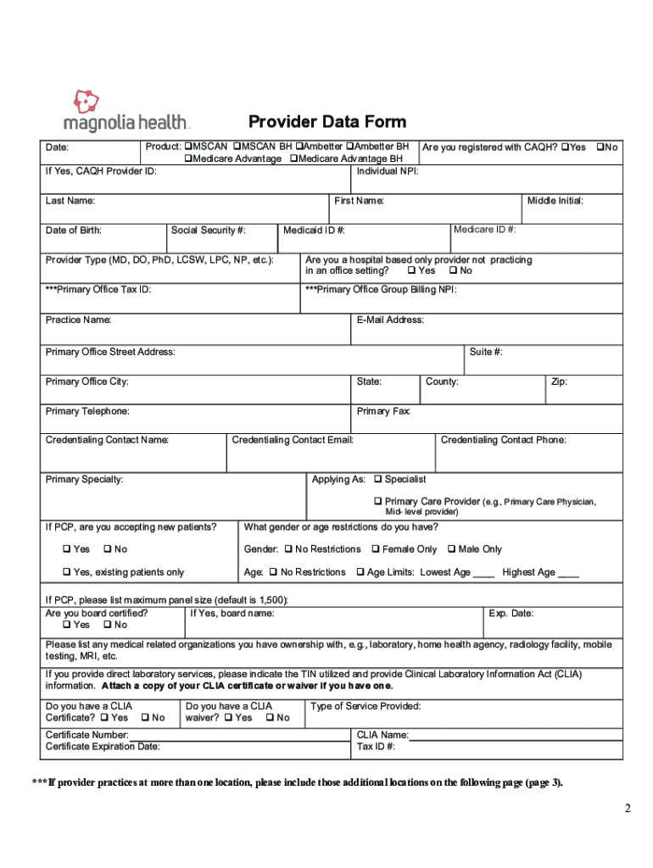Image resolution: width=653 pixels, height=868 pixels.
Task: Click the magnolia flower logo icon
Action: [87, 103]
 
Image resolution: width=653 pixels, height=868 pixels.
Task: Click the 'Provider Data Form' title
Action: [326, 122]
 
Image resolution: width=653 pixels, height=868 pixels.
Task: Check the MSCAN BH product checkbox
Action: [237, 147]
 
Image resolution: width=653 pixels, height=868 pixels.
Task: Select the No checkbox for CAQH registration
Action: [600, 147]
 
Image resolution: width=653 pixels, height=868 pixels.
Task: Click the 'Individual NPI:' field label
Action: [388, 171]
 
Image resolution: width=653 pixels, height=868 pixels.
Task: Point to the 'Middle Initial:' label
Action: [555, 201]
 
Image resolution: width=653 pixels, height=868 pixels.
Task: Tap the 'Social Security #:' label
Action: [208, 230]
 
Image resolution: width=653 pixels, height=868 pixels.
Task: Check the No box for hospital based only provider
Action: [454, 271]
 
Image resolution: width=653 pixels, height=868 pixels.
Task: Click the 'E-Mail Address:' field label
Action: [390, 320]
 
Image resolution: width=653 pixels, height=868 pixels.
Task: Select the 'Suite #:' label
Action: [486, 352]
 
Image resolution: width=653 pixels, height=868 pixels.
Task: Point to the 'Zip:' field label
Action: [559, 381]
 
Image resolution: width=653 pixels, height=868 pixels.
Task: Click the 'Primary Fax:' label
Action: [383, 411]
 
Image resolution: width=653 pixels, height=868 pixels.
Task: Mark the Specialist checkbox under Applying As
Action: [378, 480]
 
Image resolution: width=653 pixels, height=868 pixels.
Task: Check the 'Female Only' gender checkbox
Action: [375, 549]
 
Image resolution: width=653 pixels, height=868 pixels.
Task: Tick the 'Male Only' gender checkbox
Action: [451, 549]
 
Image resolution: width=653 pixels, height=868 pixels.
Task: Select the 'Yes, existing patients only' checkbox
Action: [66, 572]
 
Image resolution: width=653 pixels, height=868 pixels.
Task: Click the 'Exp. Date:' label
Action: [511, 613]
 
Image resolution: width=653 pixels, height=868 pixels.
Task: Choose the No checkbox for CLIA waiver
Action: [268, 718]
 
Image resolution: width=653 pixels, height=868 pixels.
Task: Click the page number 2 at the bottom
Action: [628, 808]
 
